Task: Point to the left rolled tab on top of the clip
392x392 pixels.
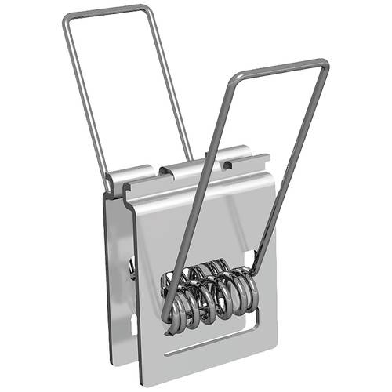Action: [129, 177]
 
